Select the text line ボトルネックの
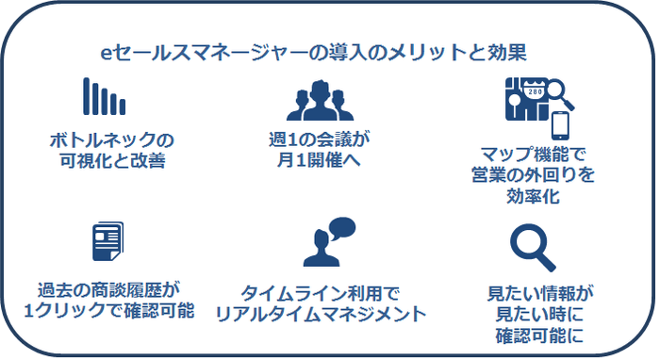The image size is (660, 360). pos(111,140)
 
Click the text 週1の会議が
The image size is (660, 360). pos(321,140)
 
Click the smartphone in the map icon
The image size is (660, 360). pos(562,125)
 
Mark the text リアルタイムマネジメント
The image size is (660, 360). pos(321,313)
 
